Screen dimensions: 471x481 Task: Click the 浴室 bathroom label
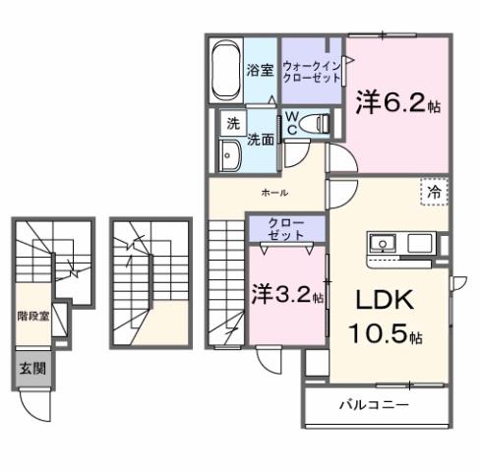pyautogui.click(x=260, y=71)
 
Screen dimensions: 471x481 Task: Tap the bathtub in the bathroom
pyautogui.click(x=225, y=70)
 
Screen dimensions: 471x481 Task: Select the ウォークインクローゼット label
pyautogui.click(x=310, y=72)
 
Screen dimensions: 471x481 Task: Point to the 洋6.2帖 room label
pyautogui.click(x=391, y=103)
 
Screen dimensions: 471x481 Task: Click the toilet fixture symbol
pyautogui.click(x=316, y=123)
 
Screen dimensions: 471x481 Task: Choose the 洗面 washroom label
pyautogui.click(x=260, y=140)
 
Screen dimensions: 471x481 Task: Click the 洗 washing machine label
pyautogui.click(x=233, y=124)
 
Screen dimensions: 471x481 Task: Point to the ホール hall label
pyautogui.click(x=273, y=193)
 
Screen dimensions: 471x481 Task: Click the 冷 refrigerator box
pyautogui.click(x=433, y=193)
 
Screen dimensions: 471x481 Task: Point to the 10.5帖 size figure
pyautogui.click(x=384, y=334)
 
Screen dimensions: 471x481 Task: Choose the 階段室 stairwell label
pyautogui.click(x=34, y=317)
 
